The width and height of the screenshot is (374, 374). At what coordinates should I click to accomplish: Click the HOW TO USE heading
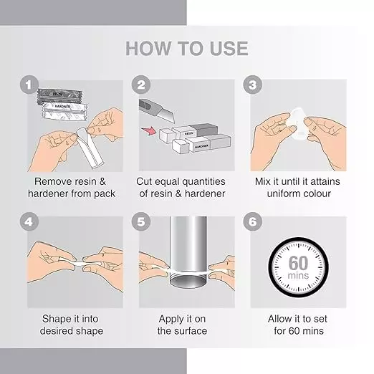(x=187, y=49)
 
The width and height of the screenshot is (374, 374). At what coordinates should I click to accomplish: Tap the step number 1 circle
(x=29, y=85)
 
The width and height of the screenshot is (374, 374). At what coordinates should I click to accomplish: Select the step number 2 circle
(x=141, y=85)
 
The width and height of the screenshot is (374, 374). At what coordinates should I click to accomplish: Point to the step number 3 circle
(x=253, y=85)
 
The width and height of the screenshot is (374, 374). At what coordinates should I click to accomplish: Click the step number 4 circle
(x=29, y=221)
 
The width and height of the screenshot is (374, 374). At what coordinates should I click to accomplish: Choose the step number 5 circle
(x=141, y=221)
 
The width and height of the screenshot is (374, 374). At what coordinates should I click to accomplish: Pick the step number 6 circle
(x=253, y=221)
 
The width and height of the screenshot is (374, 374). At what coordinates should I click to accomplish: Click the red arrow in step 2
(x=148, y=131)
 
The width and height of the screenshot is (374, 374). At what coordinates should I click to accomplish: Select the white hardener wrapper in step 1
(x=64, y=111)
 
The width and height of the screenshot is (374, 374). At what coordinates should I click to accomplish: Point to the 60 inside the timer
(x=298, y=264)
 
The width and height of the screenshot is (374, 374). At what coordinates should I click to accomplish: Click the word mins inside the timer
(x=298, y=276)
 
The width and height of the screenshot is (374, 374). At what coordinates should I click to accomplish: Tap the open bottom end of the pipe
(x=188, y=281)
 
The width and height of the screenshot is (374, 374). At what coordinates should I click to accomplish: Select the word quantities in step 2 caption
(x=203, y=182)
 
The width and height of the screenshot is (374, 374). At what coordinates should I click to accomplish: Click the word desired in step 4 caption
(x=57, y=331)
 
